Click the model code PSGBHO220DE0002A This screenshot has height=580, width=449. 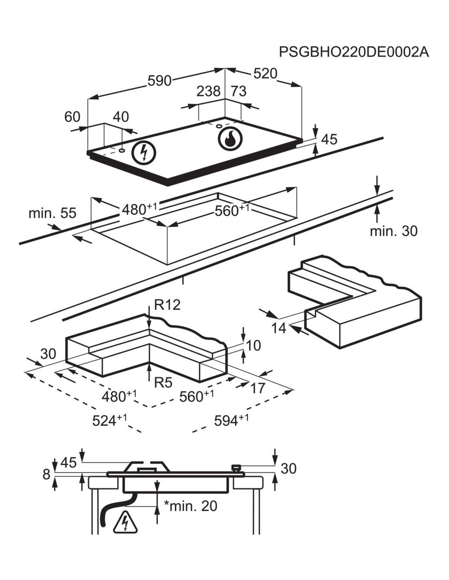click(353, 52)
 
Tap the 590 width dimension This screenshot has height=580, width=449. click(160, 81)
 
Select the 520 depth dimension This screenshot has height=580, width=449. click(265, 73)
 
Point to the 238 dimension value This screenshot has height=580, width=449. click(209, 91)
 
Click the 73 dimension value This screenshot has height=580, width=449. click(238, 91)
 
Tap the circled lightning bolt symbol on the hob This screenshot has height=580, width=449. click(144, 153)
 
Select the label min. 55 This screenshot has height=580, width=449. click(52, 213)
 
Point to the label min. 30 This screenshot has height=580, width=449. click(393, 231)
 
